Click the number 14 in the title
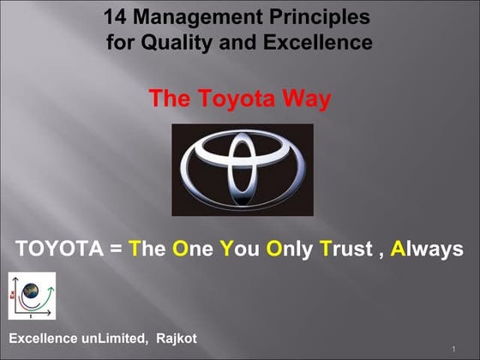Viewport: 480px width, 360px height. (115, 16)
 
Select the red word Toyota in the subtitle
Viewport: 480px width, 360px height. (231, 99)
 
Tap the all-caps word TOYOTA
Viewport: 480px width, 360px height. (54, 249)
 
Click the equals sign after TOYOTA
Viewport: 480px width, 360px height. (111, 249)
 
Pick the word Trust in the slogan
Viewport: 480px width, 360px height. (349, 249)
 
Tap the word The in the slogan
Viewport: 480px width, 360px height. (146, 249)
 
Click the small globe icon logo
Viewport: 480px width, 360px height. (32, 296)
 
